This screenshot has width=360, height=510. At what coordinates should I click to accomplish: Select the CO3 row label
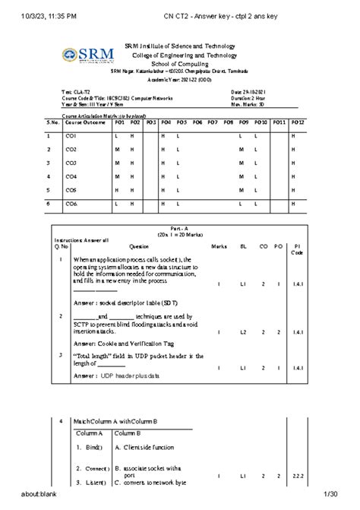tap(71, 163)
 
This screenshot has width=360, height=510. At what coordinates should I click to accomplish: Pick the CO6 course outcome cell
tap(71, 204)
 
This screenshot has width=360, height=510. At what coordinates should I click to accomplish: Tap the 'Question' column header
tap(139, 246)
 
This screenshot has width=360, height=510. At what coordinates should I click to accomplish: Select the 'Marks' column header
tap(219, 246)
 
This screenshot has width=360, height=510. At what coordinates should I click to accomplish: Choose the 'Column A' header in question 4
tap(90, 432)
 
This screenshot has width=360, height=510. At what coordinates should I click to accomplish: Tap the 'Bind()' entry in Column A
tap(93, 447)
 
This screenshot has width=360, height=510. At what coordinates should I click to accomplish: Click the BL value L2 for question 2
tap(243, 332)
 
